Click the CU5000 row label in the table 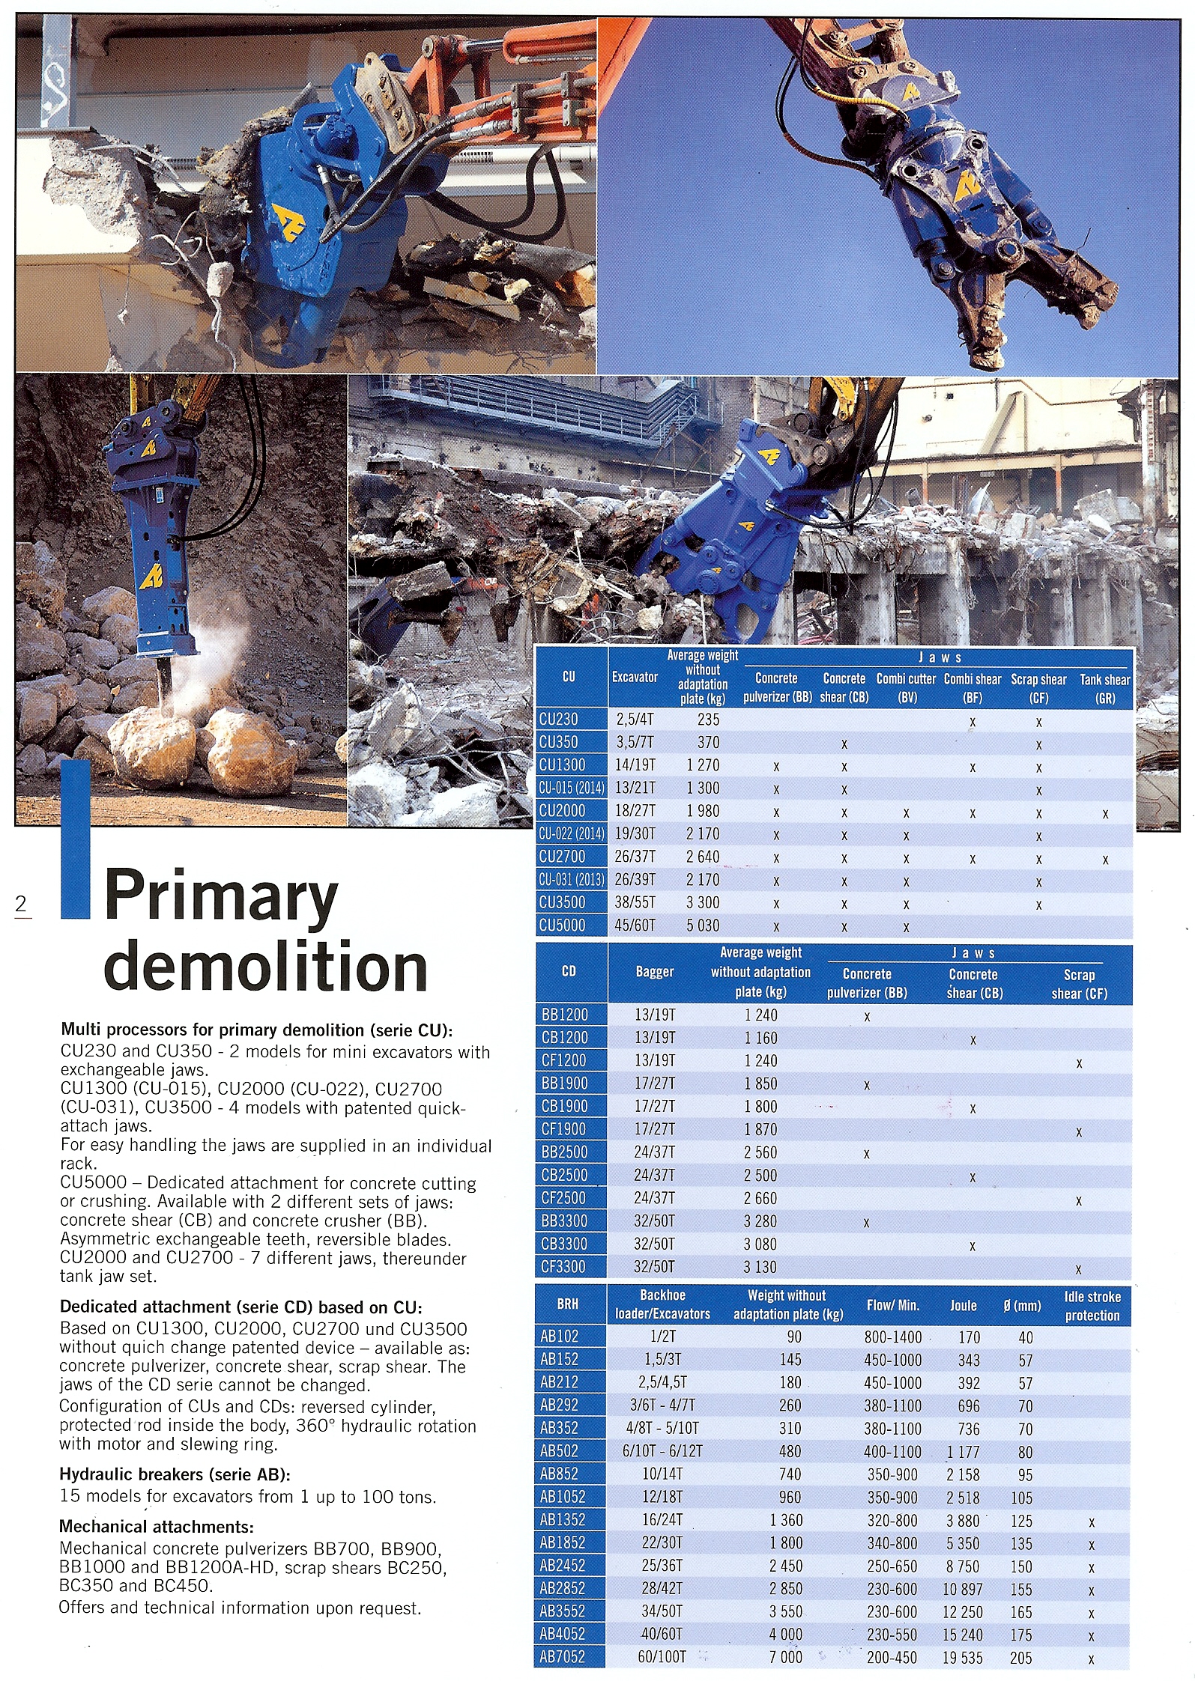point(562,925)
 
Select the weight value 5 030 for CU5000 point(702,925)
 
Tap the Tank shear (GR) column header point(1104,689)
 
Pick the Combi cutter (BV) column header point(906,689)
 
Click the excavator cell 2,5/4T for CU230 point(635,720)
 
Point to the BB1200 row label point(564,1015)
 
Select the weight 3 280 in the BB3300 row point(760,1221)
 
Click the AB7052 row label point(562,1657)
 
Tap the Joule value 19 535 point(962,1658)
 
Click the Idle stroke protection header point(1092,1306)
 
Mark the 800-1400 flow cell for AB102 point(892,1337)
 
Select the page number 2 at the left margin point(21,905)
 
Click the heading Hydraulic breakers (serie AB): point(175,1474)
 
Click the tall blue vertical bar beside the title point(75,839)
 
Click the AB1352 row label point(562,1520)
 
